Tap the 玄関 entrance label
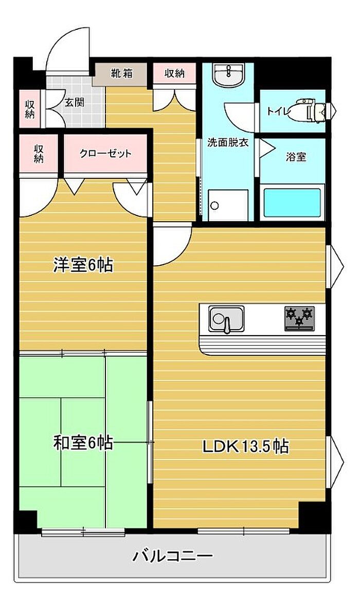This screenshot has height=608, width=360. coord(75,103)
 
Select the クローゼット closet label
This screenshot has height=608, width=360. coord(105,153)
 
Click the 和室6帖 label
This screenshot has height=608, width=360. coord(83,443)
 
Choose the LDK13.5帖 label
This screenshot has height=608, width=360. coord(245,446)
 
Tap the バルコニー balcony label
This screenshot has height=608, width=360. coord(173,557)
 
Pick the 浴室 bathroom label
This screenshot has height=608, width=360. coord(296,157)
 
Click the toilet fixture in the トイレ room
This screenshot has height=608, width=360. coord(312,111)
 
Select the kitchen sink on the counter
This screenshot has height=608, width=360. coord(226,319)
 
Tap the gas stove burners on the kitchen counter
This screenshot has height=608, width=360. coord(299,318)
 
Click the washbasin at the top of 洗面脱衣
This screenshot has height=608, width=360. coord(228,75)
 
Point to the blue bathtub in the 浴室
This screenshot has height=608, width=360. coord(293,203)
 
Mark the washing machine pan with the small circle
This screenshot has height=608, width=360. coord(228,205)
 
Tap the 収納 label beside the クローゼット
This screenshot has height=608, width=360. coord(38,154)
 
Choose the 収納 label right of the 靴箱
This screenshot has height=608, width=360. coord(174,73)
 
